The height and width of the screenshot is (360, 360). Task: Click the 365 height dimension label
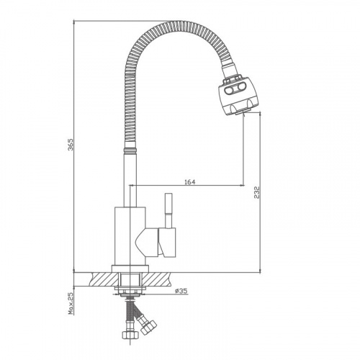point(71,144)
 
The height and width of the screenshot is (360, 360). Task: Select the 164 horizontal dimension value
point(189,182)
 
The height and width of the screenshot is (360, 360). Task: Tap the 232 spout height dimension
point(257,192)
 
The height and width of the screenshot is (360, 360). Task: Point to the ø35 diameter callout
point(181,291)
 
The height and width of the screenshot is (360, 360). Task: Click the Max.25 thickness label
point(71,303)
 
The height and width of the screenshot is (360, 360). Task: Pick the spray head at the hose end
point(236,95)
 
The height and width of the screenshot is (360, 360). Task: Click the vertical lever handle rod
point(168,210)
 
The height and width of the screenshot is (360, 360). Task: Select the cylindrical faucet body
point(130,236)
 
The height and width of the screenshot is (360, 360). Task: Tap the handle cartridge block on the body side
point(167,242)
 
